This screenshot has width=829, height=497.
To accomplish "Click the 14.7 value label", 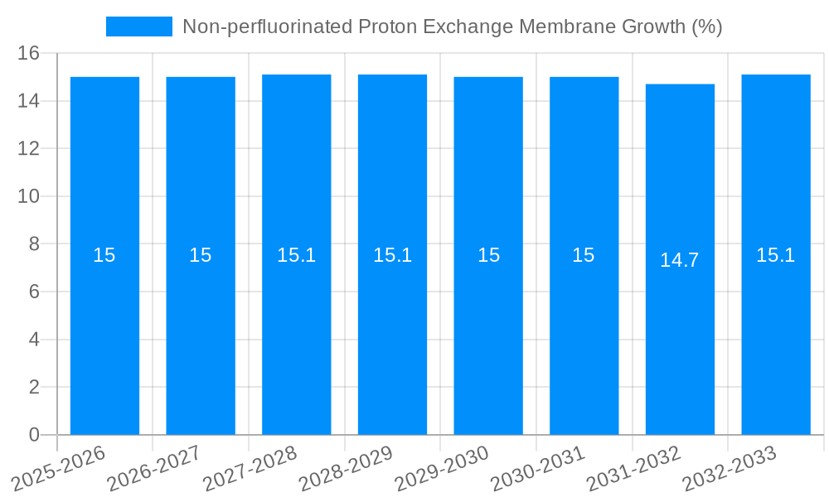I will pos(680,260).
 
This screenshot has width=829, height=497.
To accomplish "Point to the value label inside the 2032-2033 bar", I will pos(776,255).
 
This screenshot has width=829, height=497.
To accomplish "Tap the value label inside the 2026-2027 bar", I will pos(201,255).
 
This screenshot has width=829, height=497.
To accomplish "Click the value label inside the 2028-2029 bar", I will pos(392,255).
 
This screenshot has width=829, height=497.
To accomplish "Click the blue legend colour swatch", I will pos(139,27).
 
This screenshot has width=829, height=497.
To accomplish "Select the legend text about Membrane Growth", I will pos(452,27).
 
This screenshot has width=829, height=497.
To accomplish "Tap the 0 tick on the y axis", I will pos(34,435).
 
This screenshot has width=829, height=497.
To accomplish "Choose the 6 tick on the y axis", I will pos(34,292).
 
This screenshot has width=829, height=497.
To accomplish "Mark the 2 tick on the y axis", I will pos(34,388).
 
